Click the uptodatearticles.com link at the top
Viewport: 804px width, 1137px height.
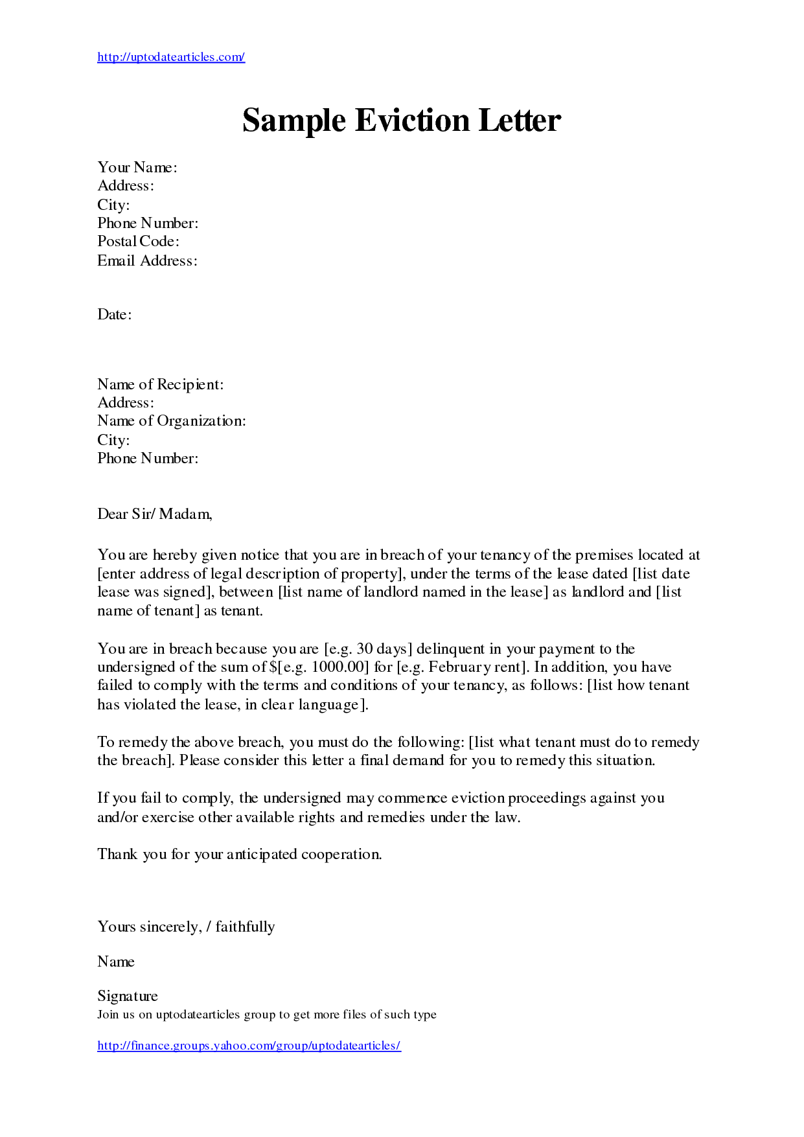(x=171, y=57)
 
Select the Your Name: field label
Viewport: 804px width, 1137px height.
(x=137, y=167)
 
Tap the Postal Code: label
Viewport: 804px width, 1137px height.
(x=138, y=241)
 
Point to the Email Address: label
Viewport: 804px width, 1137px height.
(x=147, y=260)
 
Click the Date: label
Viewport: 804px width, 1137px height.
(x=114, y=315)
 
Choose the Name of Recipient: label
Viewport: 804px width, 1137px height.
(x=160, y=384)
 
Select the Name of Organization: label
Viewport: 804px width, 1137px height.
(x=171, y=421)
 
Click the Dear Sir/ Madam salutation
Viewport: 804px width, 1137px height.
(x=154, y=514)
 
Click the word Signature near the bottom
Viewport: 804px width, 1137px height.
(x=127, y=996)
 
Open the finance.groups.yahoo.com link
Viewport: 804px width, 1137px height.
(x=249, y=1046)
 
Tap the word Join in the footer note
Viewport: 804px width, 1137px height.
(x=108, y=1015)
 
